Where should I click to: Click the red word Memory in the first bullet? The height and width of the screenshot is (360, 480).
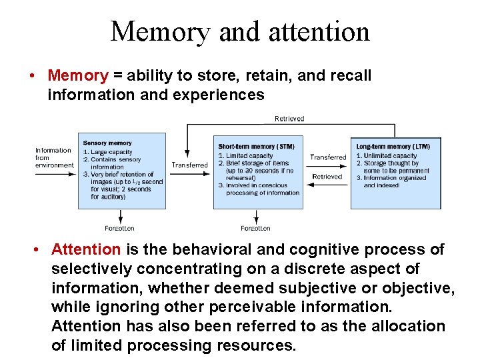(x=77, y=76)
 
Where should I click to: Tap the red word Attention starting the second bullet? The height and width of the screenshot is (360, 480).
(x=86, y=249)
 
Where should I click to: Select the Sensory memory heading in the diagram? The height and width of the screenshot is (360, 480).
(x=107, y=143)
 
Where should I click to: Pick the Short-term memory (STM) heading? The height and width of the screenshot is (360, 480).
(x=255, y=146)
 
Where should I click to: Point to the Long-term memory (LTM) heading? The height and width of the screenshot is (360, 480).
(x=393, y=146)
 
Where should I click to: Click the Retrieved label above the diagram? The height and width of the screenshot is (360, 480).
(x=289, y=119)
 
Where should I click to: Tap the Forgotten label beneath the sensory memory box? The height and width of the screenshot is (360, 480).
(x=119, y=228)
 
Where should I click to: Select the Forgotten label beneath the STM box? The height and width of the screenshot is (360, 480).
(x=255, y=228)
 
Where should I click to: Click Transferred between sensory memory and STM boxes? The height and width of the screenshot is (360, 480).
(x=189, y=165)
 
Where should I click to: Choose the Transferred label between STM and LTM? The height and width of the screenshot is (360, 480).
(x=328, y=157)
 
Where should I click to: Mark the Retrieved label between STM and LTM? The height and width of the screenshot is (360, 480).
(x=327, y=177)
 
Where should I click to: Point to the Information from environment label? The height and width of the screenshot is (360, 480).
(x=54, y=158)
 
